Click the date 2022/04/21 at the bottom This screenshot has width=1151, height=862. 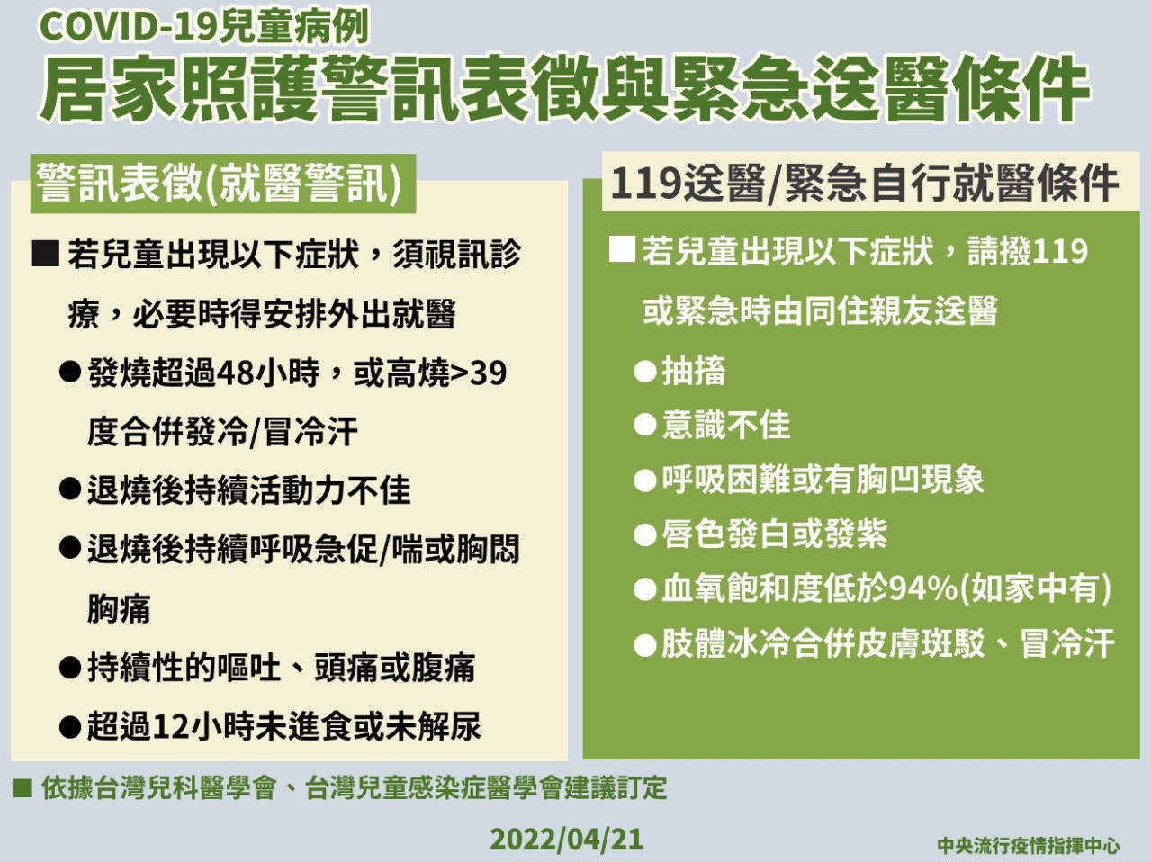tap(566, 839)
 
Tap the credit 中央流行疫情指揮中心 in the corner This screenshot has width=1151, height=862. tap(1029, 845)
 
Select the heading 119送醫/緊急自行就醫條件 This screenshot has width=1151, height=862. tap(865, 184)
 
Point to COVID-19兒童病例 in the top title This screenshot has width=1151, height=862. tap(204, 27)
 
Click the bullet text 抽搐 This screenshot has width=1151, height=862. tap(693, 371)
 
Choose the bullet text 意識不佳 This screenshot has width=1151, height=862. tap(725, 426)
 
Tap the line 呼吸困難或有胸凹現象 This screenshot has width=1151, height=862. tap(823, 480)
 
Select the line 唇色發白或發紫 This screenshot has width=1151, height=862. tap(774, 534)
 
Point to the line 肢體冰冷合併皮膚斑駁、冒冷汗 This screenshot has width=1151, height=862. tap(887, 643)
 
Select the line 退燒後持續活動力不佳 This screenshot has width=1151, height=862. tap(248, 490)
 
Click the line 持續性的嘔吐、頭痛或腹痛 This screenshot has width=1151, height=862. tap(281, 668)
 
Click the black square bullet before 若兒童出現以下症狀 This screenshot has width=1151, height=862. tap(45, 254)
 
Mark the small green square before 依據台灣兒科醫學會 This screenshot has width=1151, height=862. tap(22, 788)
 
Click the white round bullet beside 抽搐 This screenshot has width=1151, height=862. tap(645, 372)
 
